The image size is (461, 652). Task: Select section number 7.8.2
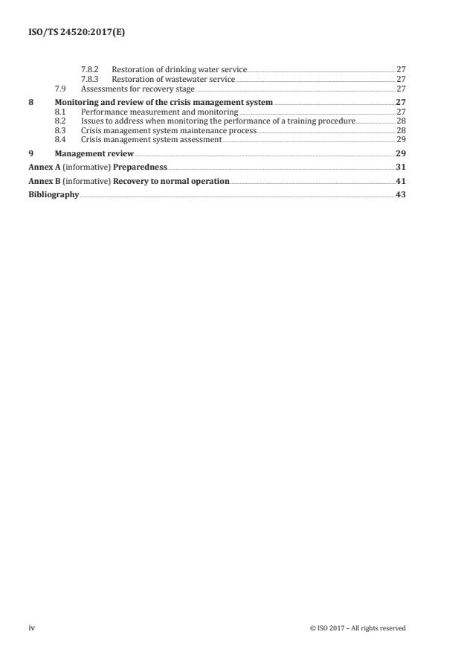coord(90,68)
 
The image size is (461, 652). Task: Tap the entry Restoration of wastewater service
coord(173,78)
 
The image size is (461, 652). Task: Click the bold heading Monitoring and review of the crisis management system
coord(164,101)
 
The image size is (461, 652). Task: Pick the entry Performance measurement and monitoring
coord(159,111)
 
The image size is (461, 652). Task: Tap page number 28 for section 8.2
coord(400,121)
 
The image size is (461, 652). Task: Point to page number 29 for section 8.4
coord(400,139)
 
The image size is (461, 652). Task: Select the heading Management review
coord(94,153)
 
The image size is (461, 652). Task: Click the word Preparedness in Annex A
coord(140,167)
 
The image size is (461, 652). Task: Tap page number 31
coord(400,167)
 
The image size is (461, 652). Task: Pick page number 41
coord(400,181)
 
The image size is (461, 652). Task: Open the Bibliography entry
coord(54,195)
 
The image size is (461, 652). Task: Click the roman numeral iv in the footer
coord(32,628)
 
